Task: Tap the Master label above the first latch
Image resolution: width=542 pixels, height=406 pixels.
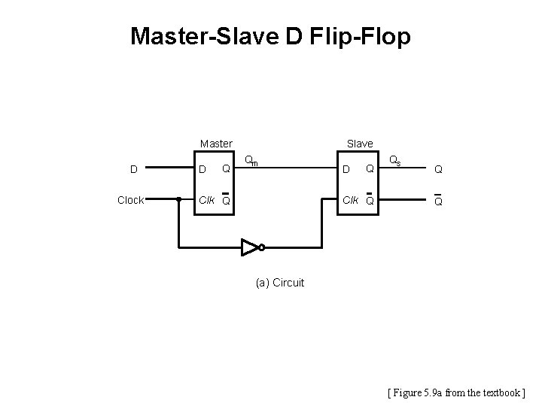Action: click(216, 143)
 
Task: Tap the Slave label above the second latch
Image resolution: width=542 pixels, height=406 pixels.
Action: click(359, 143)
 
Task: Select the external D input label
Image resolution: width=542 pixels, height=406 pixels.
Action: click(133, 169)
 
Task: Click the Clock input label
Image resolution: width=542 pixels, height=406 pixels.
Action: click(131, 201)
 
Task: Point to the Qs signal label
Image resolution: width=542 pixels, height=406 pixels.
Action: click(394, 161)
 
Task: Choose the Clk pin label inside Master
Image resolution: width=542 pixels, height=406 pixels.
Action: click(206, 201)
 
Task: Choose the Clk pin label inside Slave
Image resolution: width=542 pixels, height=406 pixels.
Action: click(350, 201)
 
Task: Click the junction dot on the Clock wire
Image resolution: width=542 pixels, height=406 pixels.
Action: click(178, 201)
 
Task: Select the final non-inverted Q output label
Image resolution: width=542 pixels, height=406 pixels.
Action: click(437, 170)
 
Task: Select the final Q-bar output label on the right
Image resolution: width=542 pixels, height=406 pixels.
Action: click(437, 201)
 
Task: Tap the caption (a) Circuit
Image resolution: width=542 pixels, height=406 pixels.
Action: click(280, 283)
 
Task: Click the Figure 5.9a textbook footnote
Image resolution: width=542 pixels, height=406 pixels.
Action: click(456, 392)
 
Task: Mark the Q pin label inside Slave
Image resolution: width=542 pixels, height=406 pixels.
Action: click(369, 169)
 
